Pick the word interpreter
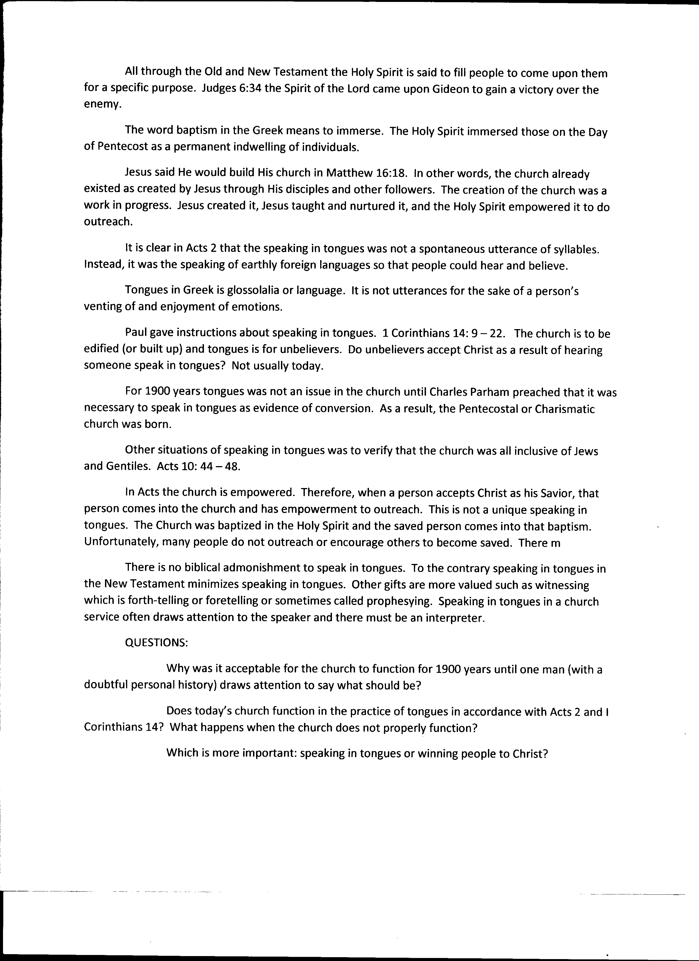click(455, 618)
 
